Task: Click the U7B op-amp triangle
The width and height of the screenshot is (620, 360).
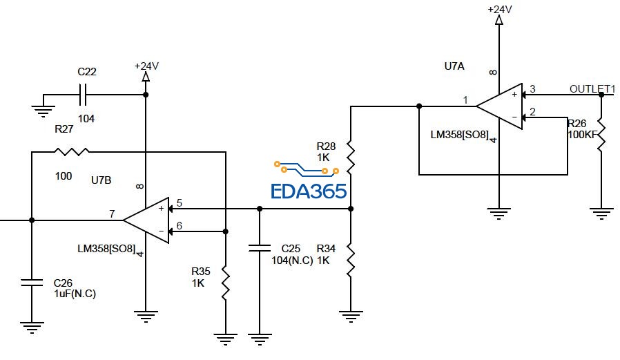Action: coord(147,220)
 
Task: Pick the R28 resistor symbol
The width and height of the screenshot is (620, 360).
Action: coord(351,158)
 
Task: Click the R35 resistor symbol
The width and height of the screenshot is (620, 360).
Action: coord(226,281)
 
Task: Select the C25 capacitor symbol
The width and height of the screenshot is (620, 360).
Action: coord(259,248)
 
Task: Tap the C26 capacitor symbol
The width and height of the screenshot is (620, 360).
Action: coord(32,281)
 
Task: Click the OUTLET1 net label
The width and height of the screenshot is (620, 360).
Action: coord(592,88)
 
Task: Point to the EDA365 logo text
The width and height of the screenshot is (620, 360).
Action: coord(308,191)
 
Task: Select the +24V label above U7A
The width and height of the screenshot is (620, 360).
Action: coord(500,9)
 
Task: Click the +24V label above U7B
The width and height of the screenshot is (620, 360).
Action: coord(146,66)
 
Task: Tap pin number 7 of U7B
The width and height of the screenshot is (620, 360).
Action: coord(112,214)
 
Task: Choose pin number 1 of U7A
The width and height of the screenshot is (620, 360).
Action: coord(465,100)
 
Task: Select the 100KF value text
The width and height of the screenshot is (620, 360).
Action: coord(583,134)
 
